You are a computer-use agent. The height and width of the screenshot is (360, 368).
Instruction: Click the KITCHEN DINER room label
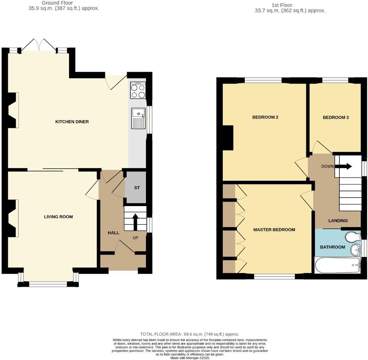72,122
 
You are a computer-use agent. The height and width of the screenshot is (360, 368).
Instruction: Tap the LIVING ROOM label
58,217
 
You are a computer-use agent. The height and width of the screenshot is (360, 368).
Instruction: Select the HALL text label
114,233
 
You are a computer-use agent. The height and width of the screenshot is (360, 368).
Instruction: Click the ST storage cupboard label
137,188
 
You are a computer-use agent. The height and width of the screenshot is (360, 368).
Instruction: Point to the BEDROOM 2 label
265,117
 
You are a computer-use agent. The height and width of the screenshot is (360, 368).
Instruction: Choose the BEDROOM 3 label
336,117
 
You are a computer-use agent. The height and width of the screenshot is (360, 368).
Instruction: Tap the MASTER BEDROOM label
274,230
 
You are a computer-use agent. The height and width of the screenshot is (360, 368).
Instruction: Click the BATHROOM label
332,247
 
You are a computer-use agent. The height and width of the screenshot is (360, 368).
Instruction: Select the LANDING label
338,221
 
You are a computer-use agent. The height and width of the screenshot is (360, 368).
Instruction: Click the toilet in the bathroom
352,237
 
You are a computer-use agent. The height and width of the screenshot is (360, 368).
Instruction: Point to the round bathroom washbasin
355,250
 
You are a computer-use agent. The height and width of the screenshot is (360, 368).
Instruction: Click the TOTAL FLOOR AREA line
189,334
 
